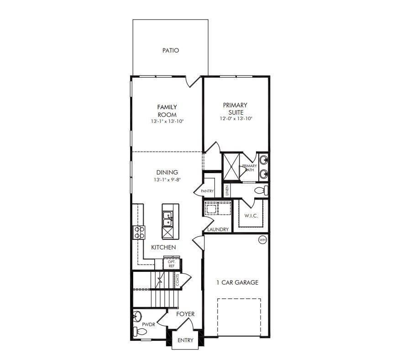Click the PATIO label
click(171, 50)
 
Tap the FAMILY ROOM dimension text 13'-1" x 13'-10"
click(167, 121)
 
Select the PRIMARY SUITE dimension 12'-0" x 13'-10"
click(236, 119)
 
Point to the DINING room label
click(167, 172)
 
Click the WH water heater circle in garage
click(262, 240)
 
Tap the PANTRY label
click(207, 191)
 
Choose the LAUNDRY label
click(218, 229)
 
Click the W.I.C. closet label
click(251, 216)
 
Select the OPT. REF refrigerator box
click(172, 264)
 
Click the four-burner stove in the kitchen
click(139, 233)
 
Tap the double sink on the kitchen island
click(167, 219)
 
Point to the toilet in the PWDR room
click(140, 332)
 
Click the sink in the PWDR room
click(137, 316)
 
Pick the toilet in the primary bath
click(261, 191)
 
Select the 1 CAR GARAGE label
click(237, 282)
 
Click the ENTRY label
click(185, 340)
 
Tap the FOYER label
click(185, 314)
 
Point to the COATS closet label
click(178, 280)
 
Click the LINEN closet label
click(227, 191)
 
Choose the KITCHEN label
click(163, 247)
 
